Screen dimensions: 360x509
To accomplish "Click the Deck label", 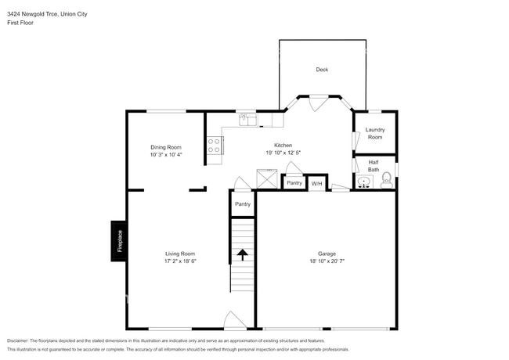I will point(322,70).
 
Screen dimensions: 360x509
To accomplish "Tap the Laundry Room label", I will point(375,133).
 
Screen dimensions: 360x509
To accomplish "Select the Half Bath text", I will point(374,166).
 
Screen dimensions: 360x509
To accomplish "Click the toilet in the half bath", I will point(385,183).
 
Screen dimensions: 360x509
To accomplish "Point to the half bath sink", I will point(364,183).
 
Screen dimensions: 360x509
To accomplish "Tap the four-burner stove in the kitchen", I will point(214,146).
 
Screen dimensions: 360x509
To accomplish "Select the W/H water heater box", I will point(316,183).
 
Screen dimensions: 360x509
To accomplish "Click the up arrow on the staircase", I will point(242,254).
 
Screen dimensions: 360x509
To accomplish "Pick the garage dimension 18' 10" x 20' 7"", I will point(327,262).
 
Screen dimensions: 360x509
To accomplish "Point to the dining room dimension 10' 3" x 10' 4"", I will point(166,155).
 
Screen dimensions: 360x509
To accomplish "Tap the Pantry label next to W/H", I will point(294,183).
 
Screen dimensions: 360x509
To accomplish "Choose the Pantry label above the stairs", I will point(243,203).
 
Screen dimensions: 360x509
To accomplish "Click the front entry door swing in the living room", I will point(234,320).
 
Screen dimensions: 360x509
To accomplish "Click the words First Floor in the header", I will point(20,23).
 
